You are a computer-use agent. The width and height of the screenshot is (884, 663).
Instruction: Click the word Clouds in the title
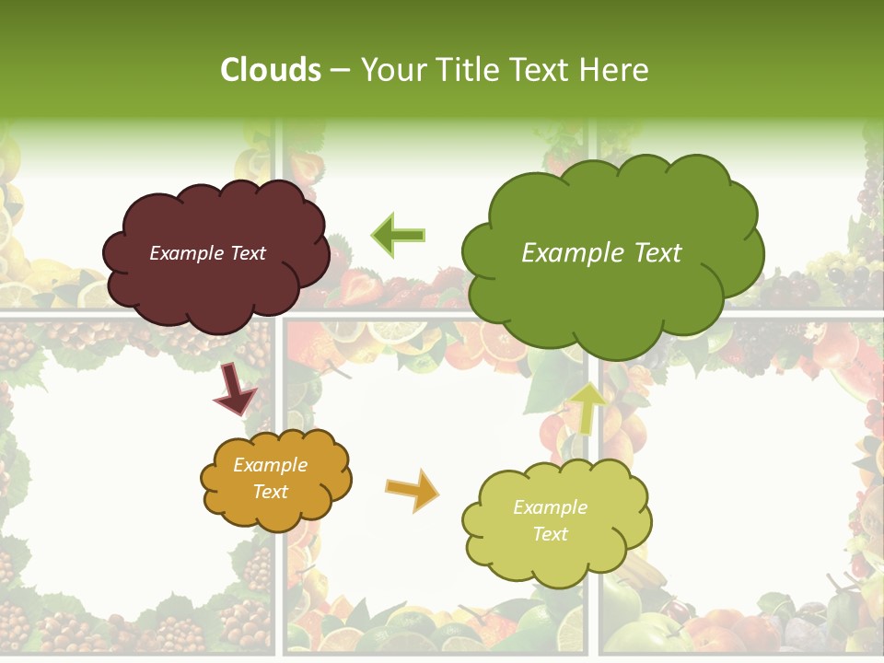[x=271, y=70]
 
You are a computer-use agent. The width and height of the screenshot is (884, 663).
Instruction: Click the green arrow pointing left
[x=398, y=235]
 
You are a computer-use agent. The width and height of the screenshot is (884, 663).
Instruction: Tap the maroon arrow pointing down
[x=236, y=390]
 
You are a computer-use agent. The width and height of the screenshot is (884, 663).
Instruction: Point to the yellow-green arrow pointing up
[x=587, y=408]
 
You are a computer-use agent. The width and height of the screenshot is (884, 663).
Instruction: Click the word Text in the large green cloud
[x=652, y=253]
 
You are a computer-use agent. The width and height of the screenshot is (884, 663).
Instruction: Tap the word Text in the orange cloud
[x=271, y=492]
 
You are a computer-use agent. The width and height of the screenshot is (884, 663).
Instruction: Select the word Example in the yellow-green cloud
[x=550, y=507]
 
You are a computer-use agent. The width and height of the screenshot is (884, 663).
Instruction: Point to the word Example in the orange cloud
[x=271, y=466]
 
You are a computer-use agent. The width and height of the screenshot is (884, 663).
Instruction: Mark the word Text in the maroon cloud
[x=248, y=253]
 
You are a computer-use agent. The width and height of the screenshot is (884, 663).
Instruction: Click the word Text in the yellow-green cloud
[x=550, y=534]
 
